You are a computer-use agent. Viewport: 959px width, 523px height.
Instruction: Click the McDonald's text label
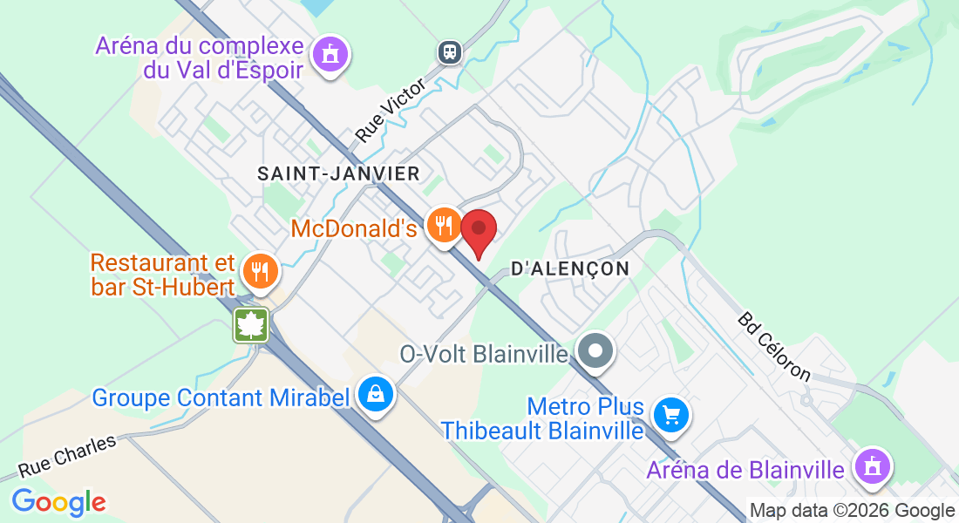[354, 229]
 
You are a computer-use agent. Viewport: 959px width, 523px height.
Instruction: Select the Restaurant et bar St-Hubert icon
[260, 270]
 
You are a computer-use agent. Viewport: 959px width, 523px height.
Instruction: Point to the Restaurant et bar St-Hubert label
[164, 275]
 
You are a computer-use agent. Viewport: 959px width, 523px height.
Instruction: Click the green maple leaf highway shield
[251, 325]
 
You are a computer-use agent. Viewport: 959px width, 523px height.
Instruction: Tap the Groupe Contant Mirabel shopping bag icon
[375, 395]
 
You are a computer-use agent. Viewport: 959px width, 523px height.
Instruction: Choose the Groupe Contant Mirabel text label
[221, 398]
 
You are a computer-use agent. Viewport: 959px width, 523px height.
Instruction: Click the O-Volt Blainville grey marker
[596, 352]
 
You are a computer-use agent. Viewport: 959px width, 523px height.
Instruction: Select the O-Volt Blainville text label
[484, 355]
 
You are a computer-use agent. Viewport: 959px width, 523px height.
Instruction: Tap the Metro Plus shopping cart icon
[670, 414]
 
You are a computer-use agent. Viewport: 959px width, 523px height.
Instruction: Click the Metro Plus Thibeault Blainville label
[542, 418]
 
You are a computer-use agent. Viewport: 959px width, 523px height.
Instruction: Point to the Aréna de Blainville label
[745, 471]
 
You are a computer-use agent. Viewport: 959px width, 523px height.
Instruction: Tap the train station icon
[450, 51]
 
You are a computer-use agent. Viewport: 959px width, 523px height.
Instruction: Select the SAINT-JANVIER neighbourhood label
[338, 174]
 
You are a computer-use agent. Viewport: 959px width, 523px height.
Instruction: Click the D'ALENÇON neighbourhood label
[570, 269]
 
